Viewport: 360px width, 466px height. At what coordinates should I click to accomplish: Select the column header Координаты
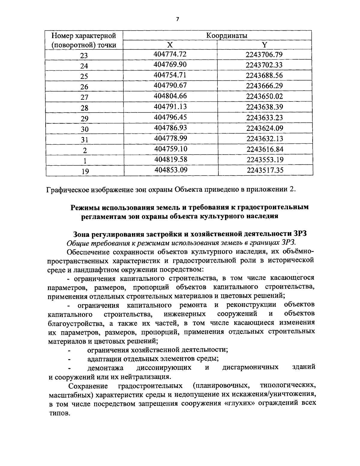click(226, 35)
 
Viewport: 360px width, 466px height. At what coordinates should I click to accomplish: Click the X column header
click(170, 45)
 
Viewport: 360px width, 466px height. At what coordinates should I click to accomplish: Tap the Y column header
click(264, 45)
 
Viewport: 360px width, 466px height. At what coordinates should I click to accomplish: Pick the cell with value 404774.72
click(170, 54)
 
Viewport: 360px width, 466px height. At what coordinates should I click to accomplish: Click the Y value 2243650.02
click(264, 96)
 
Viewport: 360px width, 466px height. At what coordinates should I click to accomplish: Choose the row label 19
click(85, 171)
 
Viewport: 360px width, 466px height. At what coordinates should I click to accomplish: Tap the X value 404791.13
click(170, 107)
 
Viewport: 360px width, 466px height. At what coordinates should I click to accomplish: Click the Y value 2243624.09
click(265, 128)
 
